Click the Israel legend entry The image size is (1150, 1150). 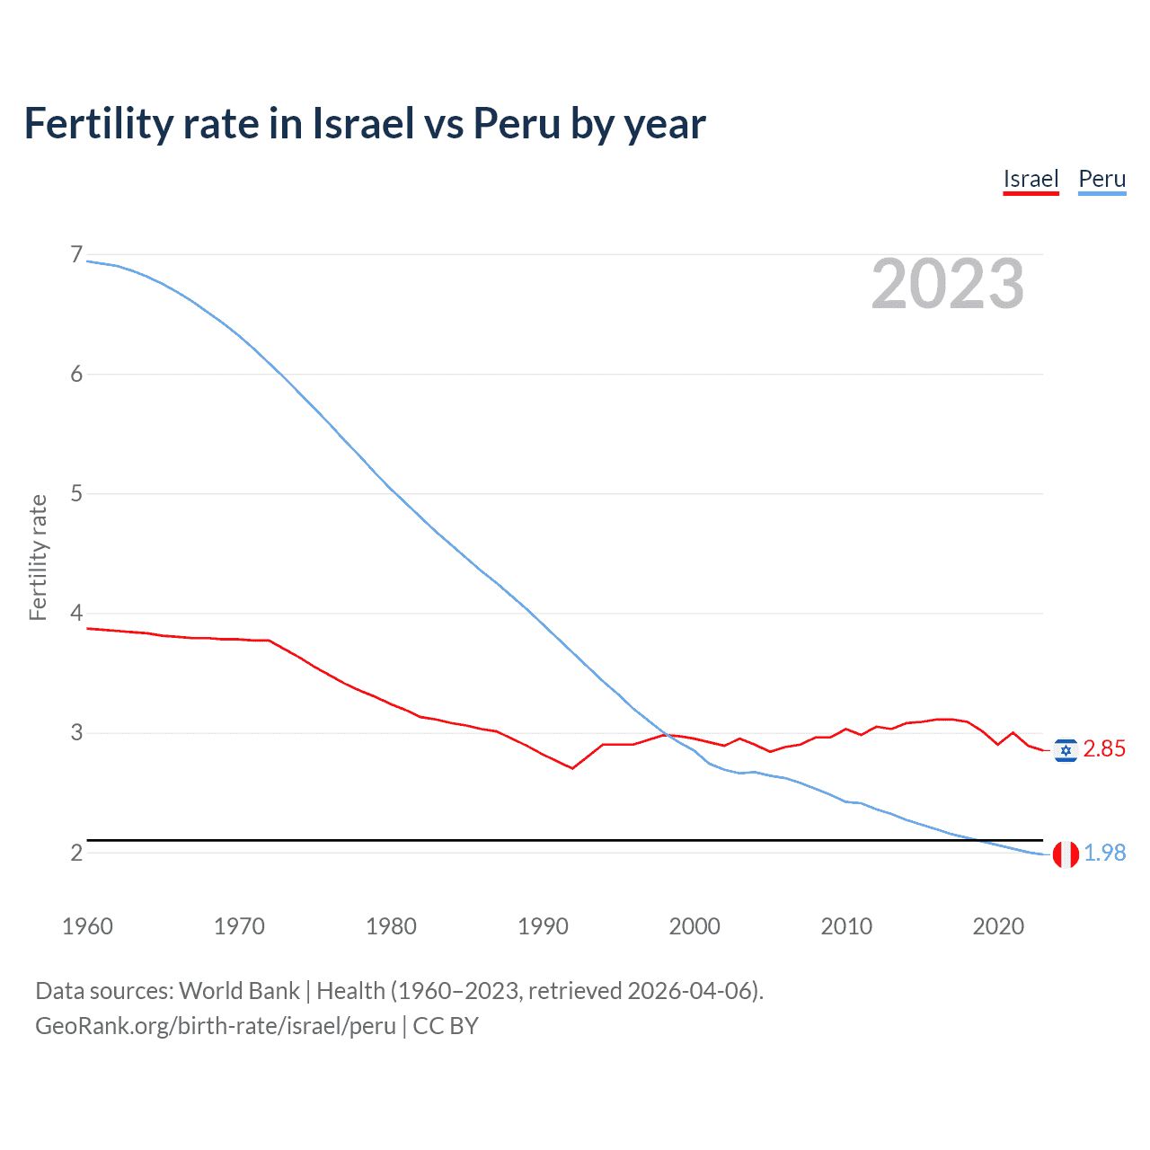pyautogui.click(x=1031, y=179)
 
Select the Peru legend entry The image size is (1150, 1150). pyautogui.click(x=1101, y=179)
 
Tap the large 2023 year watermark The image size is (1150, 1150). pyautogui.click(x=948, y=284)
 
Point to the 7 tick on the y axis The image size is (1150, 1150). pyautogui.click(x=76, y=255)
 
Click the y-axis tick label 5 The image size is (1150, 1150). pyautogui.click(x=76, y=493)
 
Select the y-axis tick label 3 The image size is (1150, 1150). pyautogui.click(x=76, y=732)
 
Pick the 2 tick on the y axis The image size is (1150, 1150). pyautogui.click(x=76, y=852)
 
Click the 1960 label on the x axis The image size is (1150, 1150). pyautogui.click(x=87, y=926)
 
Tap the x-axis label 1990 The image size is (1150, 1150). pyautogui.click(x=543, y=926)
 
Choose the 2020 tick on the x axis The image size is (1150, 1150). pyautogui.click(x=998, y=926)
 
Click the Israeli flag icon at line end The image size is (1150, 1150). pyautogui.click(x=1066, y=750)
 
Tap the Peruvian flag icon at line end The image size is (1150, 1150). pyautogui.click(x=1066, y=854)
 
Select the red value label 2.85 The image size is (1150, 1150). pyautogui.click(x=1104, y=749)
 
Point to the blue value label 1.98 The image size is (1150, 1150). pyautogui.click(x=1104, y=853)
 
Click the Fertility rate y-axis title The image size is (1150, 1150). pyautogui.click(x=38, y=557)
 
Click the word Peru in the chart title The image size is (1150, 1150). pyautogui.click(x=517, y=123)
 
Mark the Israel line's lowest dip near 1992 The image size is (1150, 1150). pyautogui.click(x=572, y=768)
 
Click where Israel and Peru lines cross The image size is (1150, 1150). pyautogui.click(x=666, y=735)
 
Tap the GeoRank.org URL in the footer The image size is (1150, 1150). pyautogui.click(x=216, y=1026)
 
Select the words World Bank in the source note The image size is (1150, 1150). pyautogui.click(x=239, y=991)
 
